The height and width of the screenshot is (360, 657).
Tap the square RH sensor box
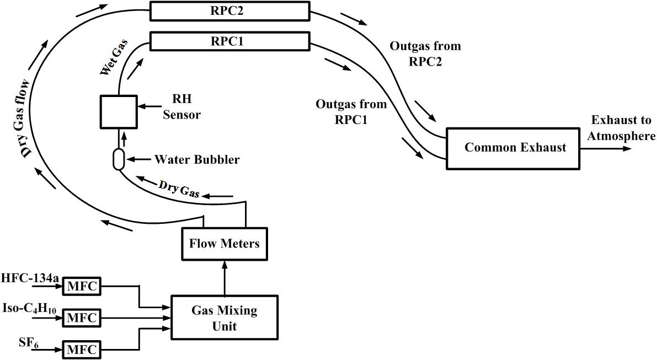(x=117, y=111)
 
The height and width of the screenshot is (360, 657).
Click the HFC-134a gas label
(x=30, y=278)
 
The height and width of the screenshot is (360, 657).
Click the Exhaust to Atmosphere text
(x=621, y=128)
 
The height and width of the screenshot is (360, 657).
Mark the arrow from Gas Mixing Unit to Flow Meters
(x=224, y=278)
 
